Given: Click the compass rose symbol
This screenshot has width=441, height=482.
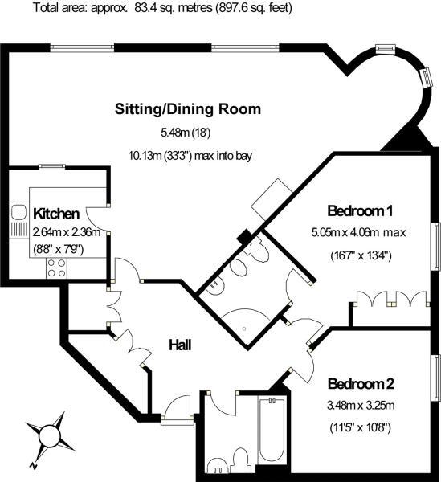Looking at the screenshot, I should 49,435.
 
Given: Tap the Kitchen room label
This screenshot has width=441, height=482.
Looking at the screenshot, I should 55,214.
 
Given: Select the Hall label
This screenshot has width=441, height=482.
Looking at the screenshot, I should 180,345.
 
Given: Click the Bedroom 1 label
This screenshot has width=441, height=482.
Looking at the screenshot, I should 360,211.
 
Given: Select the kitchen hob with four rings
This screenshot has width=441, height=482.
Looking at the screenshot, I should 56,267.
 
